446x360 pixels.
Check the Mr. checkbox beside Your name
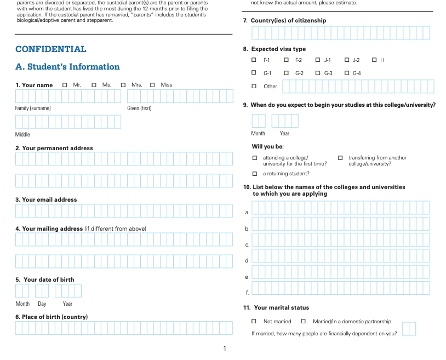tap(65, 85)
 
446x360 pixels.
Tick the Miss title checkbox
tap(152, 85)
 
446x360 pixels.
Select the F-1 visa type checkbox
tap(254, 60)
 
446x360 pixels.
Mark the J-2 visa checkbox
tap(347, 60)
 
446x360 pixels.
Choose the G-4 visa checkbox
tap(347, 73)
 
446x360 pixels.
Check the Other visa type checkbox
tap(254, 86)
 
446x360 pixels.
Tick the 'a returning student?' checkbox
tap(255, 174)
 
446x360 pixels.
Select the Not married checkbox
tap(254, 321)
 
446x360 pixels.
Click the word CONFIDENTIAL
tap(51, 49)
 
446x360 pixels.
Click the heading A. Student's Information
tap(67, 67)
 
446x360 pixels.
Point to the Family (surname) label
tap(33, 108)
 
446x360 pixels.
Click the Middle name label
tap(22, 134)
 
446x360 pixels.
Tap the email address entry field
tap(124, 211)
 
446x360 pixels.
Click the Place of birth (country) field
tap(124, 328)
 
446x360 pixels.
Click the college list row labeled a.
tap(340, 208)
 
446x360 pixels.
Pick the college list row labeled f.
tap(340, 288)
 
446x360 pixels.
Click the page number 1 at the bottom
tap(225, 349)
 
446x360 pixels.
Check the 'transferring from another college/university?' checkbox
tap(340, 158)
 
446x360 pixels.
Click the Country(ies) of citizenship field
tap(340, 33)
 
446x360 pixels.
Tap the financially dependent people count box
tap(409, 329)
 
